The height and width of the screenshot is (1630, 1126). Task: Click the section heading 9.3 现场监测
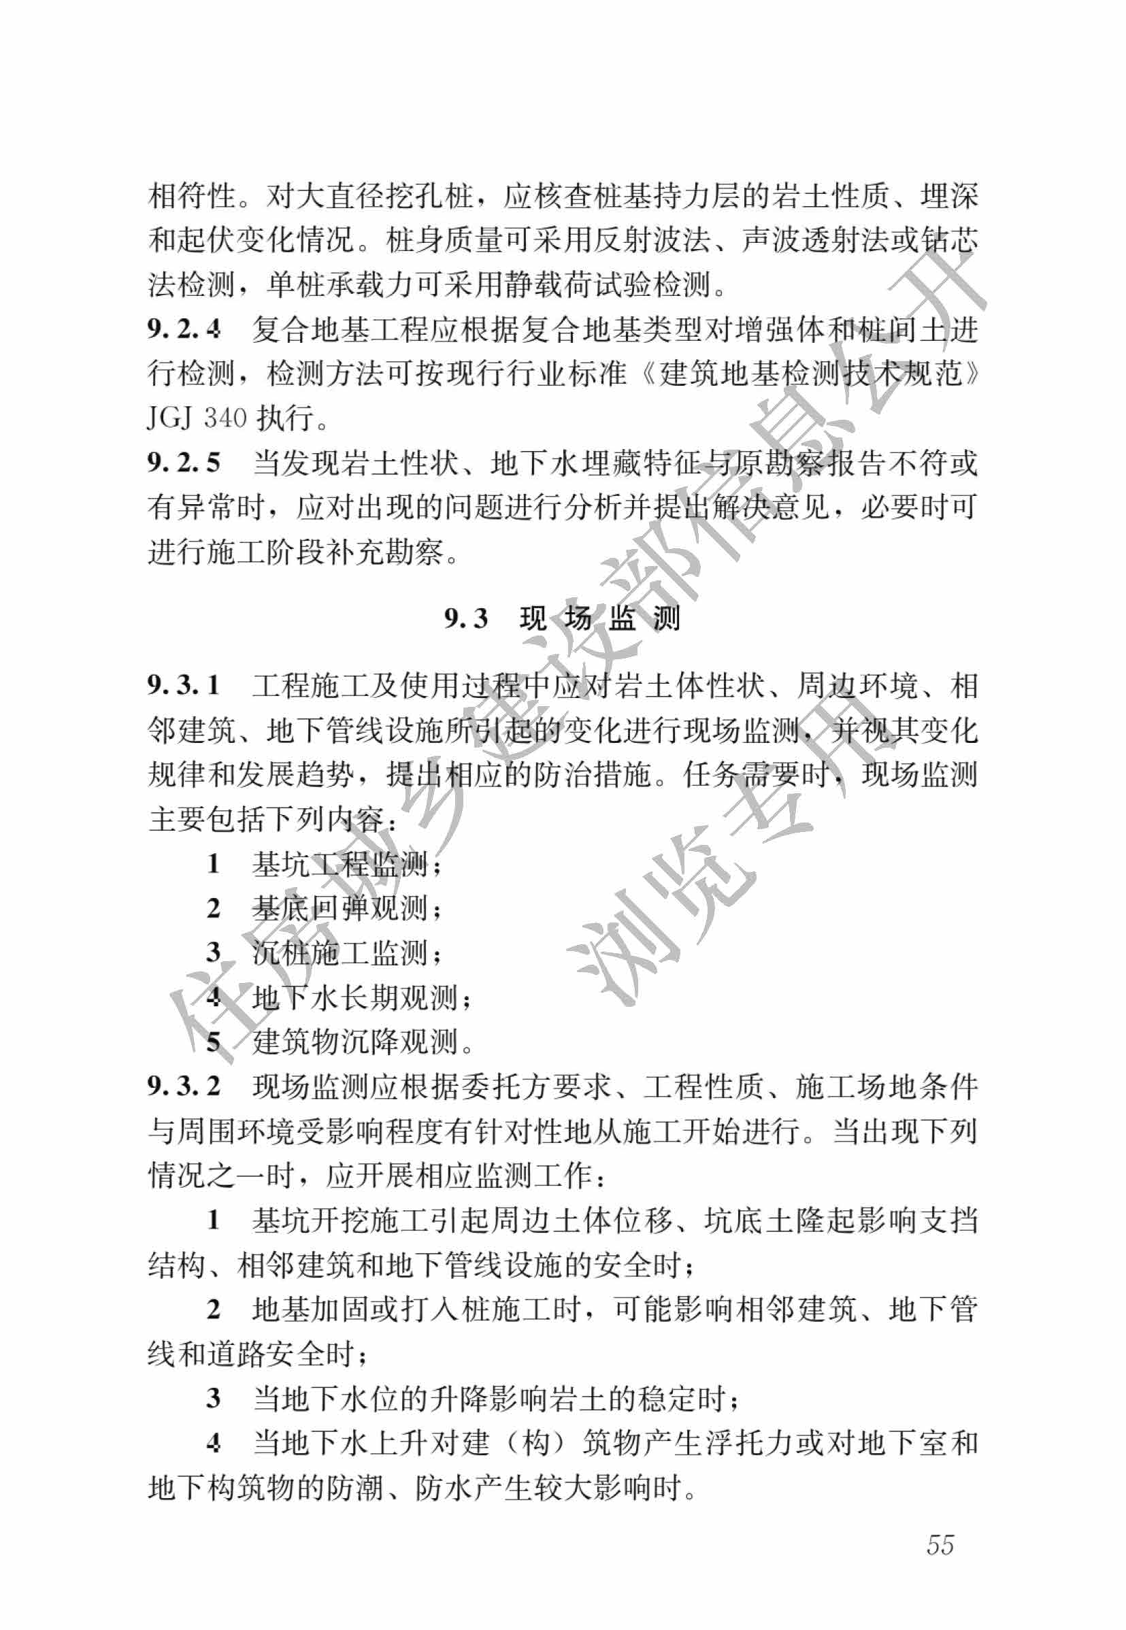(x=562, y=618)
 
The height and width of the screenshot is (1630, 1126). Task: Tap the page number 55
(x=940, y=1544)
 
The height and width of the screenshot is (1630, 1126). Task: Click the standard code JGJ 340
(x=196, y=418)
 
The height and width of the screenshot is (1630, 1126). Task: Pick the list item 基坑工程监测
(x=340, y=864)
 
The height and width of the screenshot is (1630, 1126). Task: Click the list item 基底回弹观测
(x=340, y=908)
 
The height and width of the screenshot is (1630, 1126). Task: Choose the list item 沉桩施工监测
(x=340, y=953)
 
